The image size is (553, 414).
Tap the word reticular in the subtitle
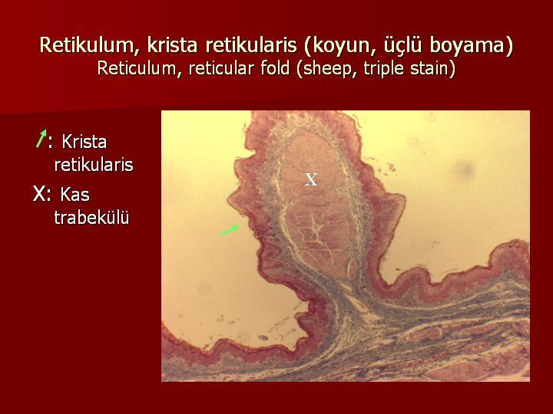[221, 68]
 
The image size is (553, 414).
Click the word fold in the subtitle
[275, 68]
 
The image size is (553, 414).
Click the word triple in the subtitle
[383, 69]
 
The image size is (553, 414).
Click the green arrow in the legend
[41, 138]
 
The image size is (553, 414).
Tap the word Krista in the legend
[84, 142]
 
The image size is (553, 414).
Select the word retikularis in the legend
[94, 165]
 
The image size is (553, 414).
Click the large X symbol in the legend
[39, 194]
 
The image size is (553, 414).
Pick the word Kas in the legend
[75, 194]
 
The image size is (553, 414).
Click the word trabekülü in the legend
[91, 217]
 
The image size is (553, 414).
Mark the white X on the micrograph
[311, 179]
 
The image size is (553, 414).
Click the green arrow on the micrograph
[230, 230]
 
